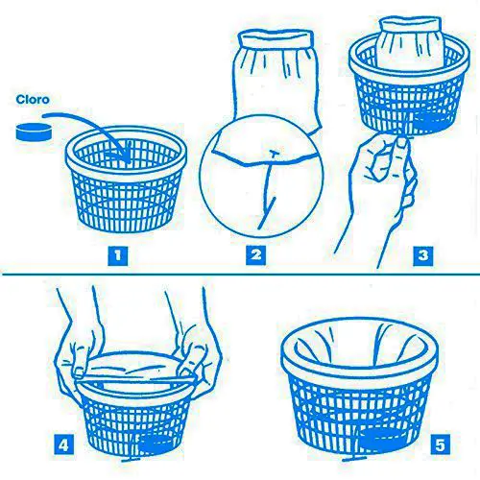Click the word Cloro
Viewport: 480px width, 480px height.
(x=33, y=100)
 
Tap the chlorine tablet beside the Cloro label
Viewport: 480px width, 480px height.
(x=34, y=132)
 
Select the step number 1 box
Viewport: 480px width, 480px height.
(x=118, y=255)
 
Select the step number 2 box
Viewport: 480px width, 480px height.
(x=255, y=255)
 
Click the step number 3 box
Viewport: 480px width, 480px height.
(x=423, y=255)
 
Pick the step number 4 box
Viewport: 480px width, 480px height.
(x=64, y=444)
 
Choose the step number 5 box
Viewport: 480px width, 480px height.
(x=440, y=444)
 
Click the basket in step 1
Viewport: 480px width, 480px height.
(x=126, y=179)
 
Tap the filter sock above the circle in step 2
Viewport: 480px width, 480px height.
(x=277, y=77)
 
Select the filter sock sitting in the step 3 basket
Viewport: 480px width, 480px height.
(x=410, y=43)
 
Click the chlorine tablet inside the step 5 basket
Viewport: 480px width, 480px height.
(x=381, y=439)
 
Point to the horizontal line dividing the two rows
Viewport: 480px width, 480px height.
(x=241, y=275)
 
